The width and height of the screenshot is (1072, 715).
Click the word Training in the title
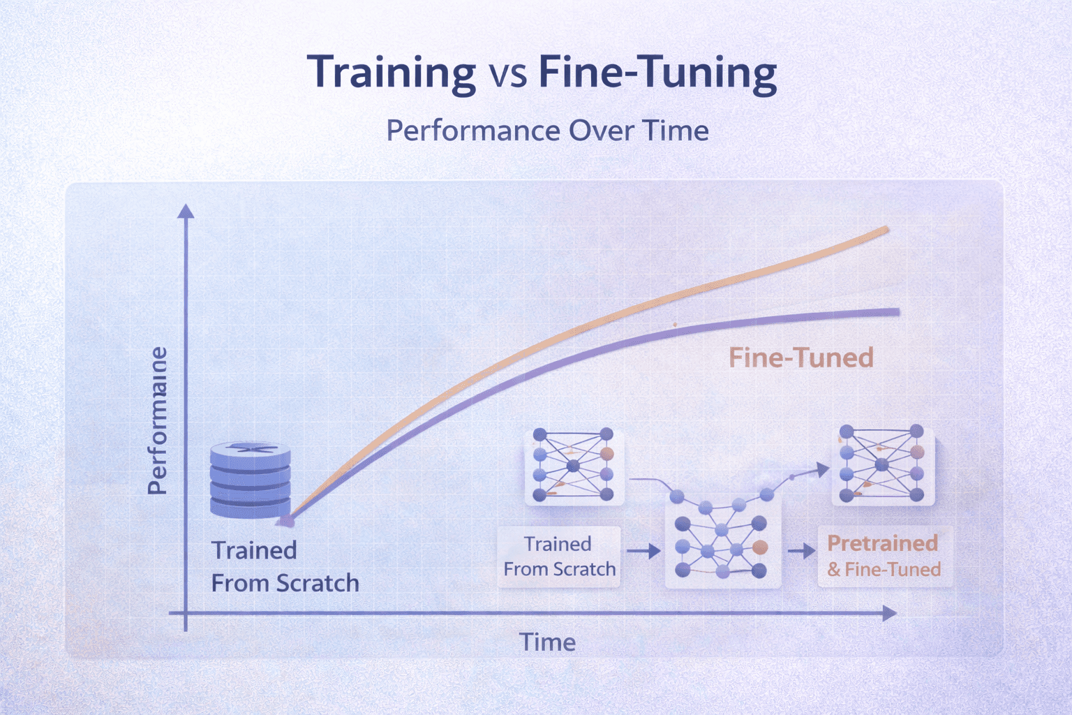(392, 73)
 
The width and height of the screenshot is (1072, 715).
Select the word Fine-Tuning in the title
(657, 73)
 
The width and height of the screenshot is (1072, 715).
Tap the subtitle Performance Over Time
(547, 131)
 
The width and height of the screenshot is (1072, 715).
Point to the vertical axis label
(158, 420)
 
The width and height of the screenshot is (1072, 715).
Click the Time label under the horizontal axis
(547, 642)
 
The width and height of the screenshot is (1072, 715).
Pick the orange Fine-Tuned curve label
(801, 357)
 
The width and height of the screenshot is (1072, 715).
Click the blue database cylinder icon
(250, 480)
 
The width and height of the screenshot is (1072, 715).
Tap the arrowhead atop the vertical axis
(186, 211)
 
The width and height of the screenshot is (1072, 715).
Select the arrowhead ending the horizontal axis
(889, 614)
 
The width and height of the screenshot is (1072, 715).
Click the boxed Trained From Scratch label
(559, 556)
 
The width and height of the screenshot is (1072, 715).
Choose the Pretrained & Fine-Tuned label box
(884, 556)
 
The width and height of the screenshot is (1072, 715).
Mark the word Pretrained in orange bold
(882, 543)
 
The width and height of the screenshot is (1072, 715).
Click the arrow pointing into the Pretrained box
(803, 551)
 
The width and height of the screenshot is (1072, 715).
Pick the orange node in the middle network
(760, 547)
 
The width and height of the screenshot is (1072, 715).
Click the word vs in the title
(507, 74)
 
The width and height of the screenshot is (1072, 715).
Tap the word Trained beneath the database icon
(254, 550)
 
